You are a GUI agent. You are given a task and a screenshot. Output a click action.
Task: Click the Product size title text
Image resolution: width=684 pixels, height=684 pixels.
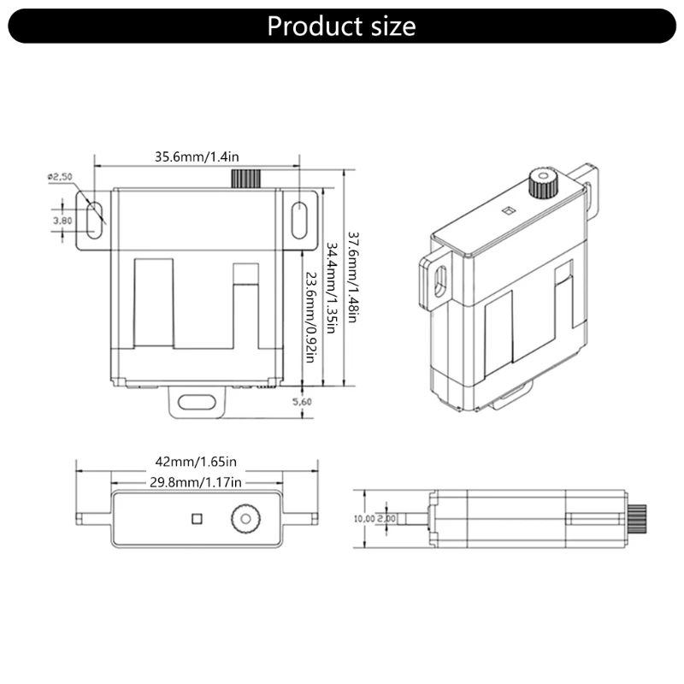pos(341,27)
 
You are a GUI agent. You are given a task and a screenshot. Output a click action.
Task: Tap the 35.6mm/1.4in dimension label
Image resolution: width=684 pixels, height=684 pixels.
pos(197,156)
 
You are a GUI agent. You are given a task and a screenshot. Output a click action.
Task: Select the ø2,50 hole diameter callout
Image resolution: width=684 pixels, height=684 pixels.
pos(60,177)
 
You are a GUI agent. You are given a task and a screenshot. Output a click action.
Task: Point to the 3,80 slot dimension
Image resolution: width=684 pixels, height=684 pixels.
pos(62,221)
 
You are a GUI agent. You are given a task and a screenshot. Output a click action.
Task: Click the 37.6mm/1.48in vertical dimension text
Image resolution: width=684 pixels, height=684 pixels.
pos(353,277)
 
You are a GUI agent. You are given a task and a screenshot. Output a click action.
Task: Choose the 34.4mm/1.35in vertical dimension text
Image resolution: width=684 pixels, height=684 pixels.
pos(332,288)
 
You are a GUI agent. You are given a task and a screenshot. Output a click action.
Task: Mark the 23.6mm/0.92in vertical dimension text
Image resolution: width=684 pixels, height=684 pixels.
pos(310,317)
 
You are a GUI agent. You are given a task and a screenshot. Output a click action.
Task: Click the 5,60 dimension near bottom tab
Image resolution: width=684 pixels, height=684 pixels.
pos(302,402)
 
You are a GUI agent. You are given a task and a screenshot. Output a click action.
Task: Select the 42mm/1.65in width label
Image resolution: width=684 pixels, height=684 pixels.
pos(196,461)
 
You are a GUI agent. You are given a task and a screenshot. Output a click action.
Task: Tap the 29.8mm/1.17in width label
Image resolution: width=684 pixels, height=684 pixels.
pos(196,482)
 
